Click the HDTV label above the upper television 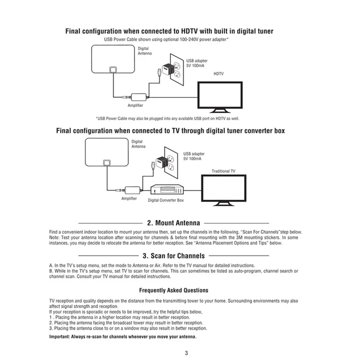218,74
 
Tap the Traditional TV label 223,171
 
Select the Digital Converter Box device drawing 167,190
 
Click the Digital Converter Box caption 166,200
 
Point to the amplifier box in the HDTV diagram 139,97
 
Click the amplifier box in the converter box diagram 132,190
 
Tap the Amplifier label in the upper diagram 135,106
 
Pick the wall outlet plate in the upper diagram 177,69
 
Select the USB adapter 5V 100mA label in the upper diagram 197,63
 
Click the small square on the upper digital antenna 113,69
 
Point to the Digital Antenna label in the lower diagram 138,144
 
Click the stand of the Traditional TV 224,204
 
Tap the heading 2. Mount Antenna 174,223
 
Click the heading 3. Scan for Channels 174,256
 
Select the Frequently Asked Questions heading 174,290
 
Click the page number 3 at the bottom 186,353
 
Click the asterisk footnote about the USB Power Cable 168,119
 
